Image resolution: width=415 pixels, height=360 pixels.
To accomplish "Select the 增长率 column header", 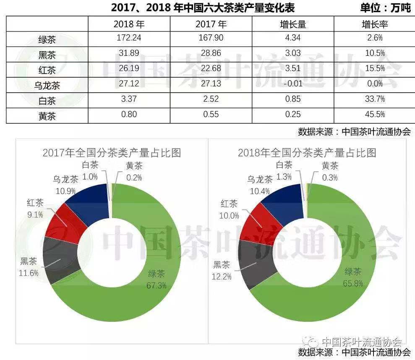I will (x=374, y=24).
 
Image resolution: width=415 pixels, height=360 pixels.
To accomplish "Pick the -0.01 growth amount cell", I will (x=292, y=83).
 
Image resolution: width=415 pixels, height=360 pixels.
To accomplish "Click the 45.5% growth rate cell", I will (x=374, y=115).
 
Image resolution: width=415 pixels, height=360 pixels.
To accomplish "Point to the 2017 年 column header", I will (x=211, y=24).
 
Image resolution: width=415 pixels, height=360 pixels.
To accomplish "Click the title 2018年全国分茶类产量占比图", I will (x=307, y=152).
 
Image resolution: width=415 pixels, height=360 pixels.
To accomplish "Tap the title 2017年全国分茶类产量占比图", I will (x=112, y=152).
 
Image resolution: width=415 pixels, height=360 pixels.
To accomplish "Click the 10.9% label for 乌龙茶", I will (x=65, y=190).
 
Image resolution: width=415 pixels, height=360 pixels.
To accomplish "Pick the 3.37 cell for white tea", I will (x=129, y=99).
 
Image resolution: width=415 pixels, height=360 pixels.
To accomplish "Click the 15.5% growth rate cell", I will (x=374, y=68).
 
